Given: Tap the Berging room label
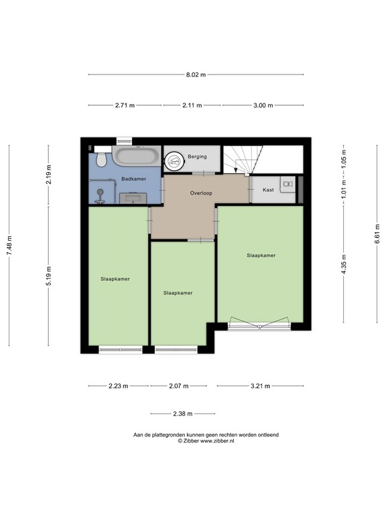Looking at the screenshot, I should (x=197, y=156).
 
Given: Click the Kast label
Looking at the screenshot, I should (x=268, y=190).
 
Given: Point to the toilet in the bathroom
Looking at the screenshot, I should (x=101, y=159).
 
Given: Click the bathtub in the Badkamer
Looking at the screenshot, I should (x=136, y=158).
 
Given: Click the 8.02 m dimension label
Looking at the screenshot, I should (x=196, y=75).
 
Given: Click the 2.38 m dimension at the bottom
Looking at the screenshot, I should (x=182, y=414).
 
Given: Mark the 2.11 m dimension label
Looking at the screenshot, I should (x=192, y=105).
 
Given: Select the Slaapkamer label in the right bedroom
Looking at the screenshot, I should (x=261, y=255).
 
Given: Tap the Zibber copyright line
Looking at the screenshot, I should (x=206, y=441).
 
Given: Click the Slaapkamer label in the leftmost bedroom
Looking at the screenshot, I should (x=115, y=279).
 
